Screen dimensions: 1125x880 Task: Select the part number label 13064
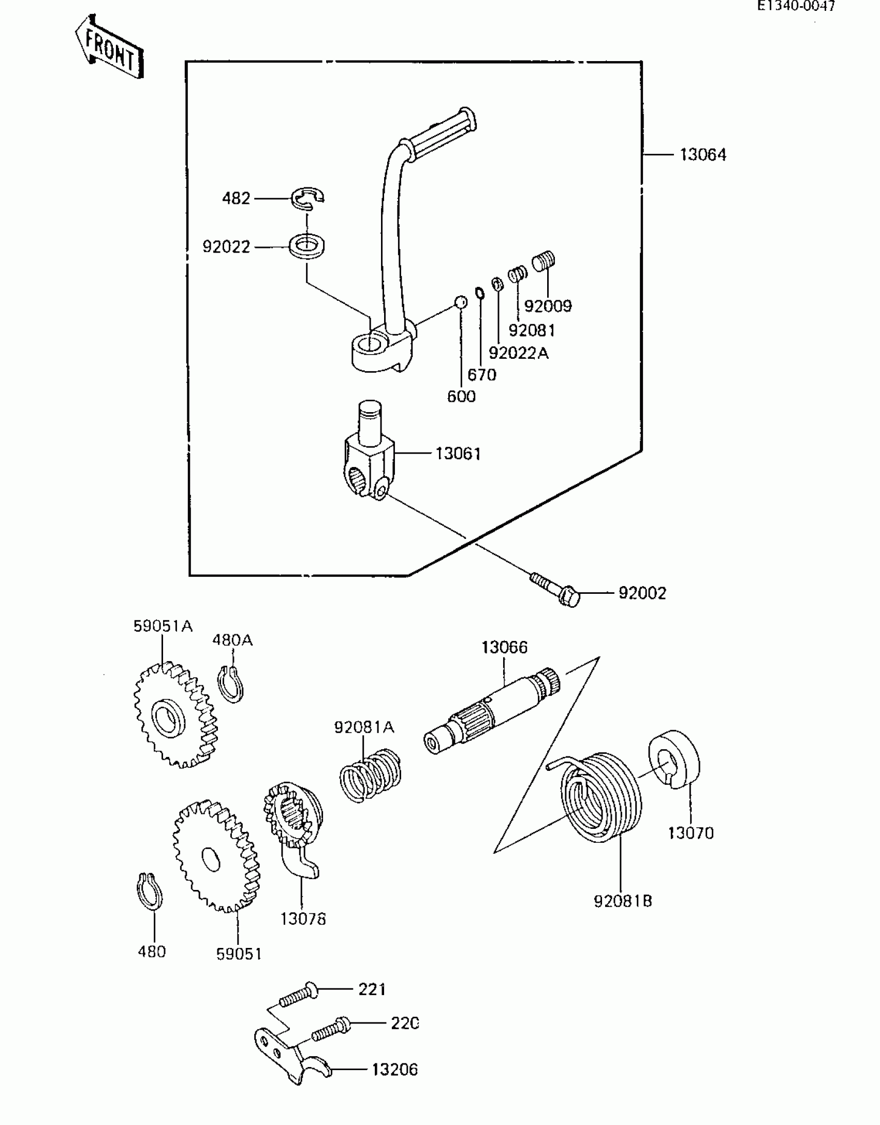(x=702, y=155)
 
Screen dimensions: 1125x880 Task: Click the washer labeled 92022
(x=307, y=245)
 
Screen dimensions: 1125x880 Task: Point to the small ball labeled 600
(x=461, y=302)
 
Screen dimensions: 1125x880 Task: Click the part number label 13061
(x=458, y=454)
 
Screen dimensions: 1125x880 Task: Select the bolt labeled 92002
(x=556, y=590)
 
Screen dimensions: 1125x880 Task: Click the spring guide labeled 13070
(x=673, y=759)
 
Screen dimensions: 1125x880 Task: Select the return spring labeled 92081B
(x=600, y=798)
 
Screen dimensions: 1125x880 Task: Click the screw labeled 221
(x=298, y=995)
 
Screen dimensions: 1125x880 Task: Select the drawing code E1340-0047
(x=796, y=6)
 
